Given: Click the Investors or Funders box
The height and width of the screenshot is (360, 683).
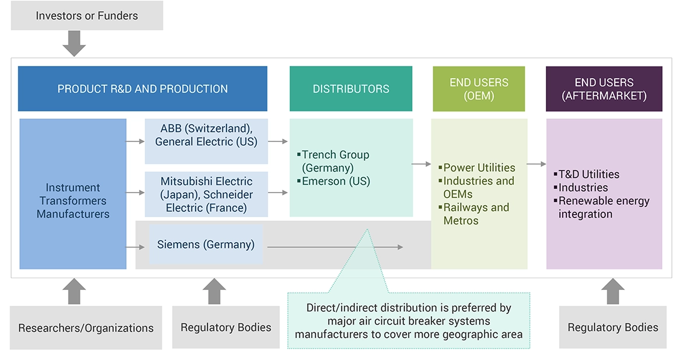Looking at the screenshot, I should [86, 16].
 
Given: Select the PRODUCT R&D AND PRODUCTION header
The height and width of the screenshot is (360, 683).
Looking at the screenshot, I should [142, 89].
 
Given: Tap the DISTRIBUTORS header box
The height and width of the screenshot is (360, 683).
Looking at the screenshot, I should [351, 89].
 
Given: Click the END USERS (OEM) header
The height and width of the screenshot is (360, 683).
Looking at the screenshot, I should [479, 89].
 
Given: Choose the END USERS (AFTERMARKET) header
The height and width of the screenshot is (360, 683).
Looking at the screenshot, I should [604, 89].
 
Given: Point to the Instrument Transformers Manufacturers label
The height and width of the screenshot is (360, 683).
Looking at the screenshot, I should [73, 201].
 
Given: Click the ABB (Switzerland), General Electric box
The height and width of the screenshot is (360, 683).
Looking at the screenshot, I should [206, 135].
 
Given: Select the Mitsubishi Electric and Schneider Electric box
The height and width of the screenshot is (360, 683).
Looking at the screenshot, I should [206, 194].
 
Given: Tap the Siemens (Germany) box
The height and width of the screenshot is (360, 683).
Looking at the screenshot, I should [205, 244].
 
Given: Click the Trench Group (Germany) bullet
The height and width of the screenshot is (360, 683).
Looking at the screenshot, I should [335, 161].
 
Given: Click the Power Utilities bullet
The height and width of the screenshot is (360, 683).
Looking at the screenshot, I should [479, 168].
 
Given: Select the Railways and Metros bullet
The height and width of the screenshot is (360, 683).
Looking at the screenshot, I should [476, 214].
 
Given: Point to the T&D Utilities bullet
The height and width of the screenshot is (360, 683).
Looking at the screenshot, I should [589, 174].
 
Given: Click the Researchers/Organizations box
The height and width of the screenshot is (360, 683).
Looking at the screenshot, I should [86, 328].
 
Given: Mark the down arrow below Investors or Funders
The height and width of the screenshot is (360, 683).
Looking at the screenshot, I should [74, 43].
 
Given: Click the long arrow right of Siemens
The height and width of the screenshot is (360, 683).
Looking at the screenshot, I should [335, 247].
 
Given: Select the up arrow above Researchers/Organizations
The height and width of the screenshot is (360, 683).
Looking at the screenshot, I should [74, 291].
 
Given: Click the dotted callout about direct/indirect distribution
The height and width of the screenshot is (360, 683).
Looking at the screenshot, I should [409, 320].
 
